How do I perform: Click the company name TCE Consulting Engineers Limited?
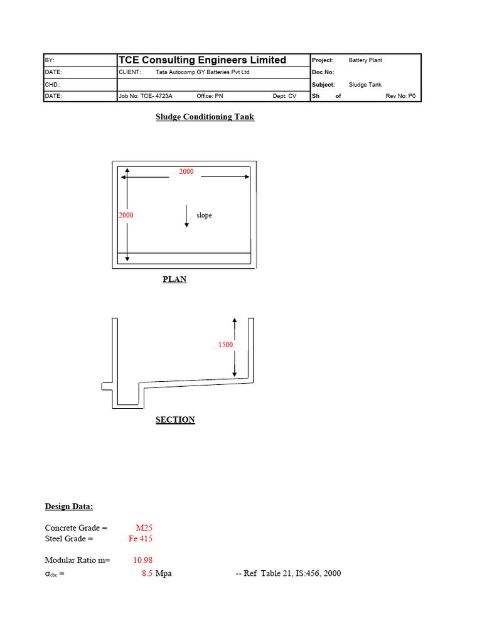pos(202,60)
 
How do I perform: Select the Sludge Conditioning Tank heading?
pos(205,117)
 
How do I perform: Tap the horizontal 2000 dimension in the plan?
pos(186,171)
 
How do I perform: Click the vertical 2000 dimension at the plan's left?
pos(126,215)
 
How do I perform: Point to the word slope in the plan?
pos(204,215)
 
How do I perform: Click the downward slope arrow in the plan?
pos(187,216)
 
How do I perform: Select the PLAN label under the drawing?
pos(174,279)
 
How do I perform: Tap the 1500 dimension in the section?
pos(226,345)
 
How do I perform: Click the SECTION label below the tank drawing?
pos(175,419)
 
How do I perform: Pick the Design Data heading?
pos(69,507)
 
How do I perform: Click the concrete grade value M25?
pos(144,528)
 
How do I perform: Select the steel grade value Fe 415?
pos(141,539)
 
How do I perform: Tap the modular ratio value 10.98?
pos(142,560)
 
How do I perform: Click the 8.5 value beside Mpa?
pos(147,573)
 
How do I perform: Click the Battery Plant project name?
pos(365,60)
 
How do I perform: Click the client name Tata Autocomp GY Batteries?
pos(202,72)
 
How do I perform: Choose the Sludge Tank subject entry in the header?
pos(365,85)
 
